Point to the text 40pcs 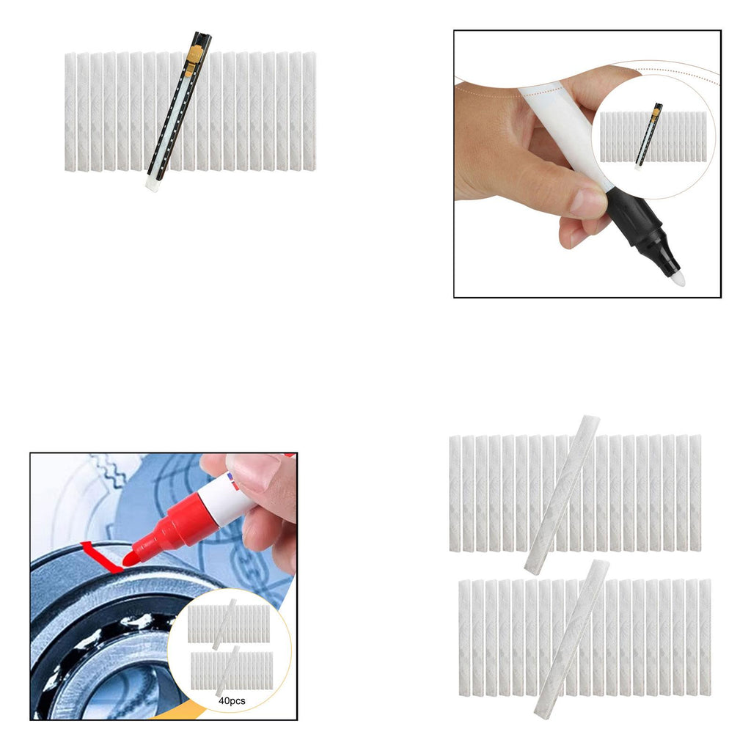[232, 700]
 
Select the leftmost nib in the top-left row [70, 111]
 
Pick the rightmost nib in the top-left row [309, 111]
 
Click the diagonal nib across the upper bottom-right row [563, 495]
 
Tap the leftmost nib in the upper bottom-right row [455, 494]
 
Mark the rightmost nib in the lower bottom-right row [705, 637]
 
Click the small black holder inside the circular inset [650, 135]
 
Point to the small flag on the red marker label [234, 480]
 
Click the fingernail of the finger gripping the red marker [254, 472]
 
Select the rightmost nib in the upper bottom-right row [695, 494]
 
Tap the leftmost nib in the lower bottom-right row [464, 637]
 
